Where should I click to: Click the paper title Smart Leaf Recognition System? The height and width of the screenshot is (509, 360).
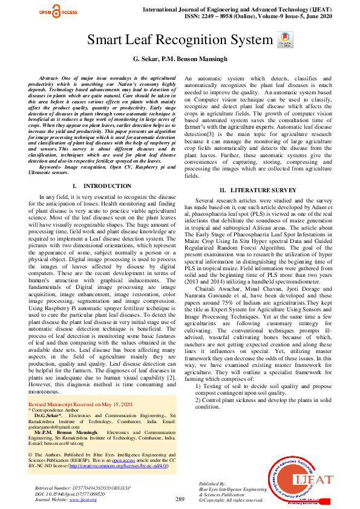(180, 41)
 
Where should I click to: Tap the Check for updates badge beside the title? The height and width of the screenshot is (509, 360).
(283, 41)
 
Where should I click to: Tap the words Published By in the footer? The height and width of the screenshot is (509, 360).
(212, 484)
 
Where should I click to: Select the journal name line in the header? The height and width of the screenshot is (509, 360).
(250, 11)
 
